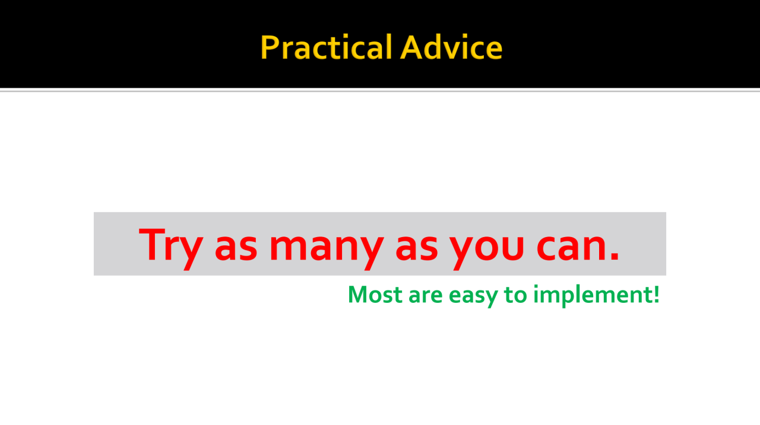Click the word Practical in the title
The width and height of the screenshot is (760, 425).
pyautogui.click(x=327, y=47)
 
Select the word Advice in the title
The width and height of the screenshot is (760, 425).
pyautogui.click(x=451, y=47)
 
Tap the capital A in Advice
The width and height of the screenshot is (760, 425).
pyautogui.click(x=411, y=47)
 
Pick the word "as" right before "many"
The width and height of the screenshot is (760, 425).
pyautogui.click(x=236, y=249)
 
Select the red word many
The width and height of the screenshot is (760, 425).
pyautogui.click(x=327, y=249)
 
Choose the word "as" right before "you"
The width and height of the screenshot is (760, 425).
pyautogui.click(x=417, y=249)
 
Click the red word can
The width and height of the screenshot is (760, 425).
pyautogui.click(x=571, y=248)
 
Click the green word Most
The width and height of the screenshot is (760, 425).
pyautogui.click(x=375, y=294)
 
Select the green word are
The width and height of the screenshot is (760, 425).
pyautogui.click(x=426, y=296)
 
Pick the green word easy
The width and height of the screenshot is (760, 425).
pyautogui.click(x=473, y=298)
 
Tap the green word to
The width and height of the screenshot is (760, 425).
pyautogui.click(x=515, y=295)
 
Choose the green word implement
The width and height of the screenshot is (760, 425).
pyautogui.click(x=592, y=296)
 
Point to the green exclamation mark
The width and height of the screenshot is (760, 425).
pyautogui.click(x=656, y=294)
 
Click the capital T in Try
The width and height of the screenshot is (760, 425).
pyautogui.click(x=152, y=244)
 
